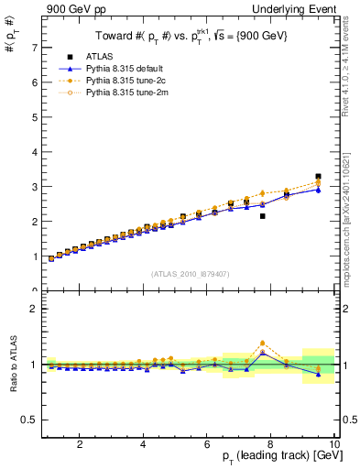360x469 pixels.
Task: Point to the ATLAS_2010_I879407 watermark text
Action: tap(190, 273)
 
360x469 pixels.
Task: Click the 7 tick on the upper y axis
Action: tap(34, 47)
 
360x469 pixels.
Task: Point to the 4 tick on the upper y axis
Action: tap(34, 151)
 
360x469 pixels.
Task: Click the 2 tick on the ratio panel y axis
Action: tap(34, 308)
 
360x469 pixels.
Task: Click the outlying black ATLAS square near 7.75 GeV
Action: tap(262, 216)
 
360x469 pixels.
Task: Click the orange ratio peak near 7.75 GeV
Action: tap(262, 343)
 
